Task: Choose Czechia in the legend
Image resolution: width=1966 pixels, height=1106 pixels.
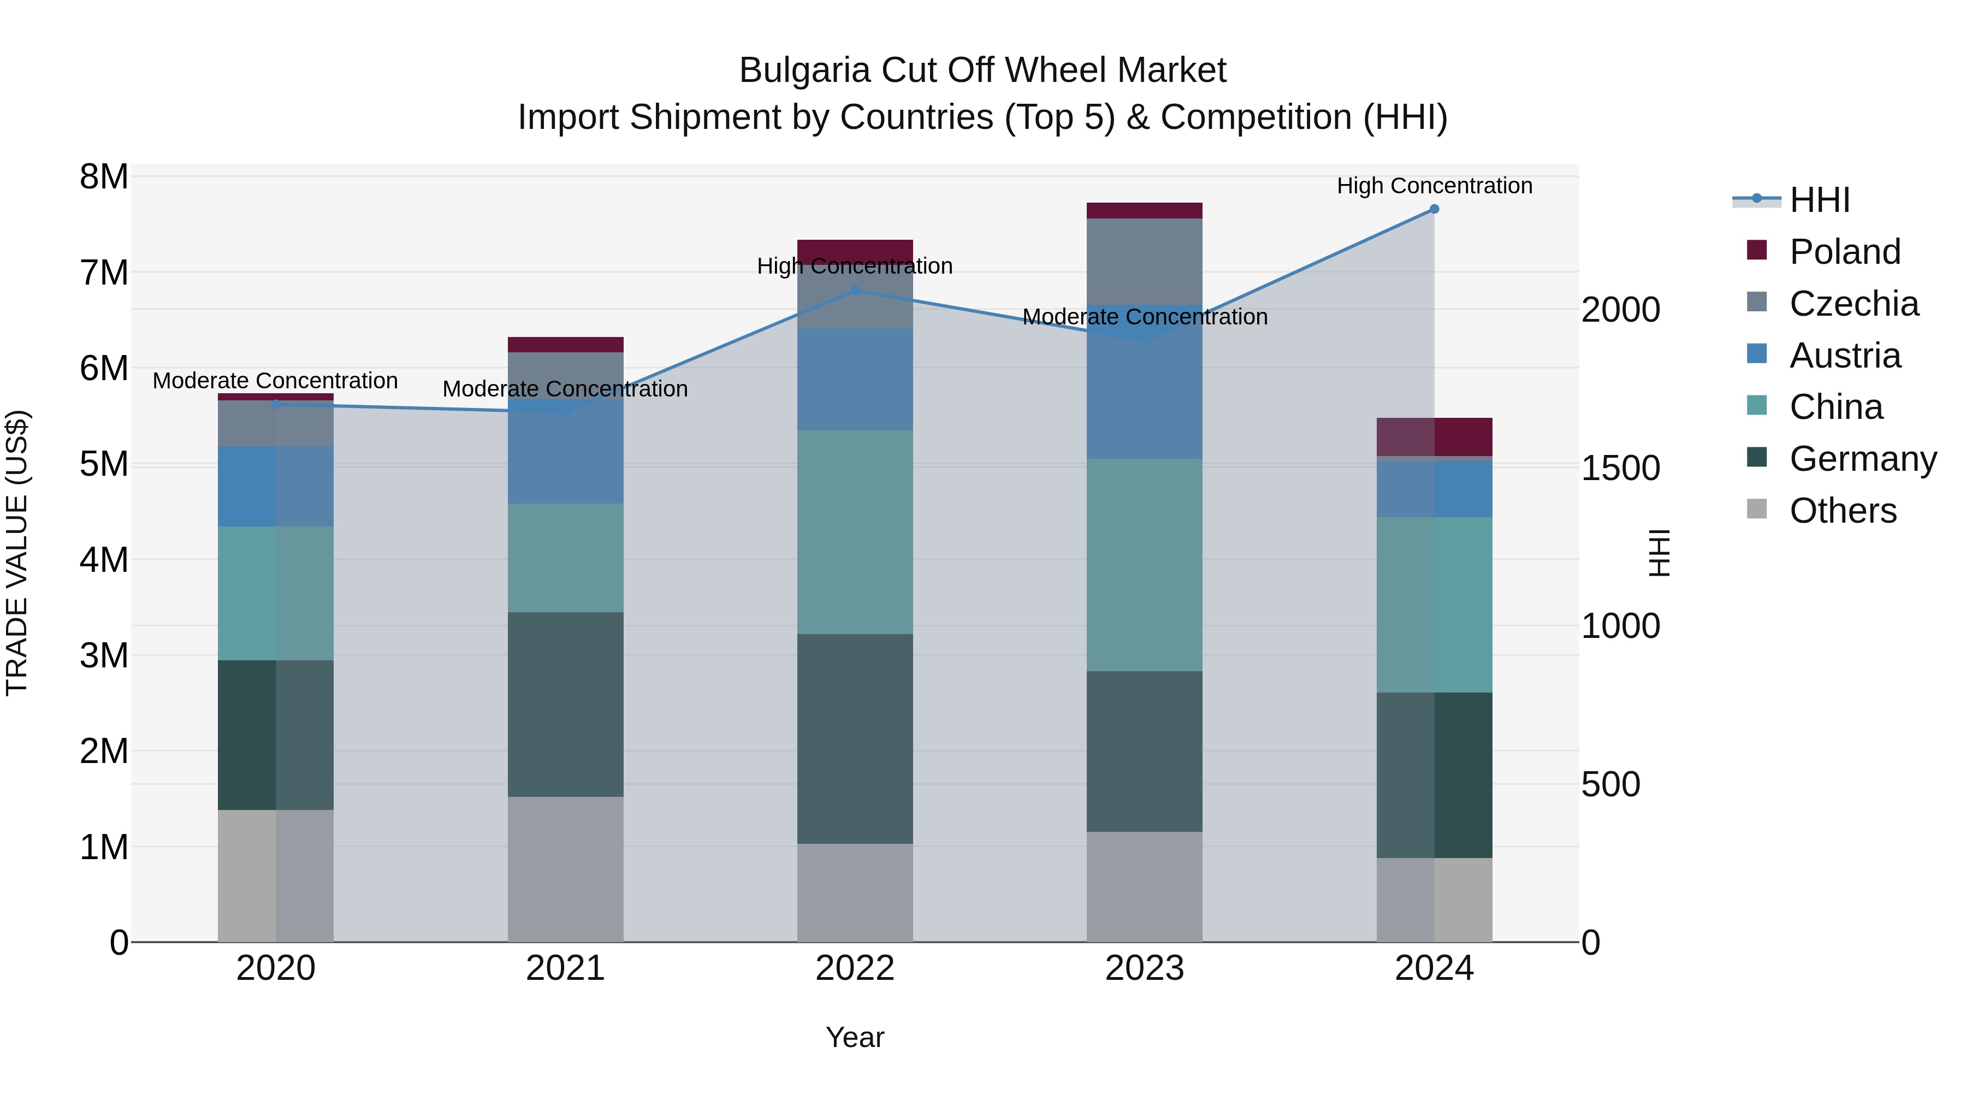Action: (x=1853, y=304)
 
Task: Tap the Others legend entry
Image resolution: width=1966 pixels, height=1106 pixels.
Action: (x=1843, y=511)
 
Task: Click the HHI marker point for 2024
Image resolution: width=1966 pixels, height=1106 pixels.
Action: (x=1434, y=209)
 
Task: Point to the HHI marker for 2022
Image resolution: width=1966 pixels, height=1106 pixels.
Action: (x=855, y=291)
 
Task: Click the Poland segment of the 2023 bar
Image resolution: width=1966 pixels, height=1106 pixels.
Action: (x=1144, y=211)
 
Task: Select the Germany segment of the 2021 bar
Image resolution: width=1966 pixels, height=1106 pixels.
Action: (x=566, y=704)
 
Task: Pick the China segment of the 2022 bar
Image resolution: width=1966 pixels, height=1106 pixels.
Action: (x=855, y=532)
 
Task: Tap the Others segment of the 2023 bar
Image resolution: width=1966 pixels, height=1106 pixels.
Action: (x=1144, y=886)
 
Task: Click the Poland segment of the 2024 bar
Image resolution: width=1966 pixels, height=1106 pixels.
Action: (x=1434, y=436)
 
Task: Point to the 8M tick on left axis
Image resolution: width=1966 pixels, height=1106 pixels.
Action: (x=104, y=177)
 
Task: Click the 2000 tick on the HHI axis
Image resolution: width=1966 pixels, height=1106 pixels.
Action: (x=1620, y=310)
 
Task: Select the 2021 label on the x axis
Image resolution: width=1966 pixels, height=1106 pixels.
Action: (x=566, y=968)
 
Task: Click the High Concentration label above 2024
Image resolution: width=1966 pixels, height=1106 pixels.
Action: (x=1434, y=186)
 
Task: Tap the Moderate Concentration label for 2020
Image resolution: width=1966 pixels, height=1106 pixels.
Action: (x=276, y=380)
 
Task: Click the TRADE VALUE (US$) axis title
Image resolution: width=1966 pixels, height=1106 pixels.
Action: (x=17, y=553)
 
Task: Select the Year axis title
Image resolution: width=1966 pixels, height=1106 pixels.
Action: (x=855, y=1037)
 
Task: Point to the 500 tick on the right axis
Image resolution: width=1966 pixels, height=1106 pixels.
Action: (x=1610, y=785)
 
